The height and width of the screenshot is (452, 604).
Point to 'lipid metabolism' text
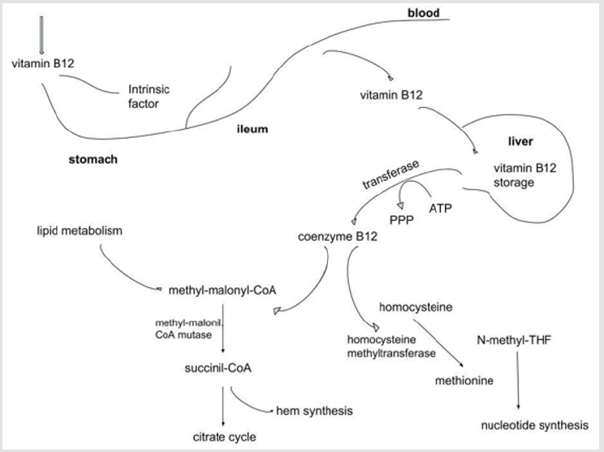[79, 231]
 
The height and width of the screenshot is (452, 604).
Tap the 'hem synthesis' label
[315, 411]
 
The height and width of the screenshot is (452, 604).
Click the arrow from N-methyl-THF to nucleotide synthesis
[516, 381]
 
